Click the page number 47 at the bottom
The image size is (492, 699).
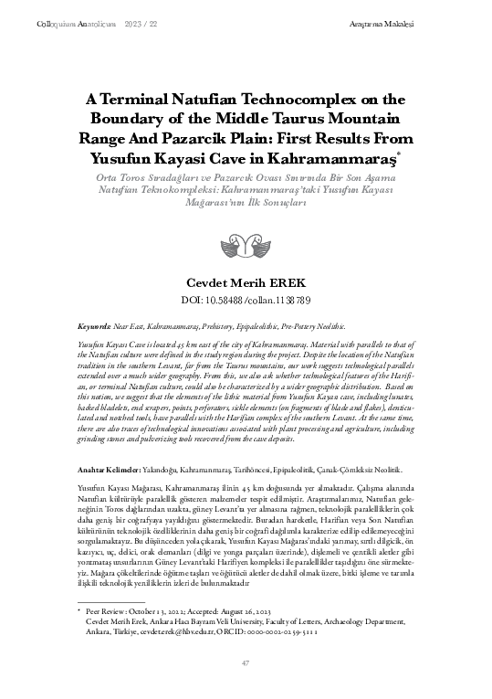coord(245,662)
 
